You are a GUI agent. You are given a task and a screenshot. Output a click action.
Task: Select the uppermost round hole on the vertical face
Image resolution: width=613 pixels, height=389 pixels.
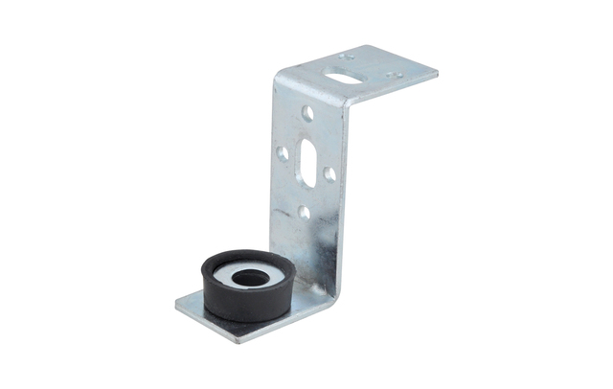coord(307,112)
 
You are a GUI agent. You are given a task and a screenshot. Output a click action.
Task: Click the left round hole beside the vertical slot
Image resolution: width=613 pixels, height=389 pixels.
coord(283,152)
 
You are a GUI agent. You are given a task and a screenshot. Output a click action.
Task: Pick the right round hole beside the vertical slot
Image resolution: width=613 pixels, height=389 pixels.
coord(329,174)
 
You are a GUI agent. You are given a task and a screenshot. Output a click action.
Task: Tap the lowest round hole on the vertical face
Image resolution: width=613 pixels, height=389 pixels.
coord(304,212)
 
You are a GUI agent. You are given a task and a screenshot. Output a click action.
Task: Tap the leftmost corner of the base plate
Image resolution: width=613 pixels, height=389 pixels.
coord(177,308)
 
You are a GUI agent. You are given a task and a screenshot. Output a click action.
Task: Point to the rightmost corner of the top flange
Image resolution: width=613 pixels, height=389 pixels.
coord(437,73)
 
